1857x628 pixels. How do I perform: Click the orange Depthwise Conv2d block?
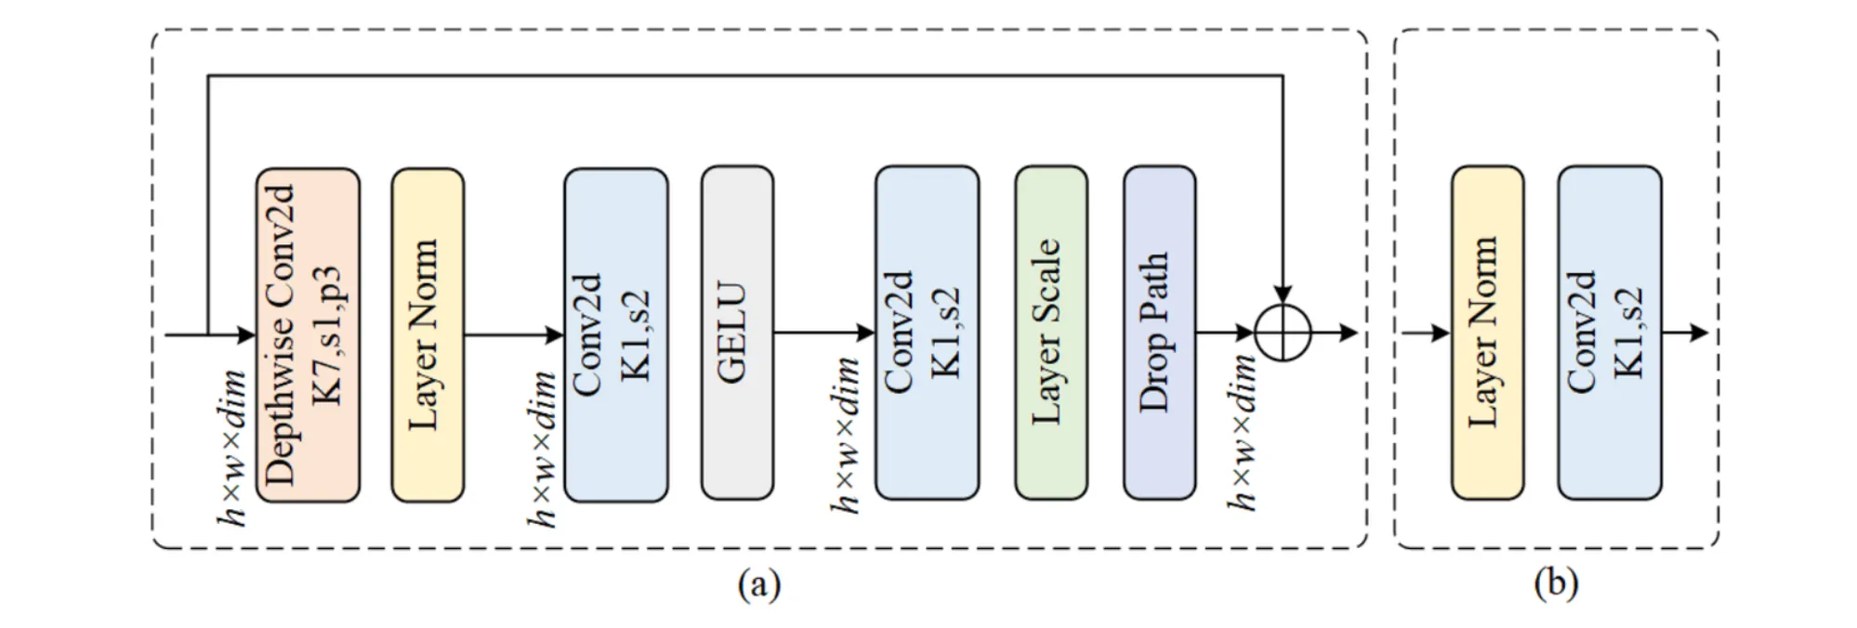[x=308, y=334]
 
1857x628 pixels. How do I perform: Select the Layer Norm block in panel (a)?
[x=427, y=334]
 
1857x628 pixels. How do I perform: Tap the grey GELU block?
[x=737, y=333]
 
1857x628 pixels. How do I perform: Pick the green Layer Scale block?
[x=1050, y=333]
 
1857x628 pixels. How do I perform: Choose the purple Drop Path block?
[x=1159, y=333]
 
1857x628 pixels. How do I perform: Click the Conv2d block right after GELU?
[x=927, y=333]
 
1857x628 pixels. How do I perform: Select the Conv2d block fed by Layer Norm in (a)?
[x=615, y=334]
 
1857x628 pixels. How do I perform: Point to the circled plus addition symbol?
[x=1283, y=333]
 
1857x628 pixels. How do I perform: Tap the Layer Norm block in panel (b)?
[x=1487, y=333]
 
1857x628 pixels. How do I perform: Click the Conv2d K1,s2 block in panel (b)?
[x=1609, y=333]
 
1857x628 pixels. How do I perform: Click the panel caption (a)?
[x=759, y=584]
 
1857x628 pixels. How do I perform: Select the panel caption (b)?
[x=1556, y=584]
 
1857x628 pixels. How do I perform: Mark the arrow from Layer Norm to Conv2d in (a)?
[x=513, y=334]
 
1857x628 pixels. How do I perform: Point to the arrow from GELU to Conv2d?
[x=823, y=333]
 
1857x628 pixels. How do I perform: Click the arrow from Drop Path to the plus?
[x=1224, y=333]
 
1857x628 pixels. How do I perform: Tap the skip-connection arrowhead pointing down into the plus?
[x=1283, y=290]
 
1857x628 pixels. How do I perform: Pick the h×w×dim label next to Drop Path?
[x=1243, y=433]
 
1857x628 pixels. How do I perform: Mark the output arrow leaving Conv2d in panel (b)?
[x=1685, y=333]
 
